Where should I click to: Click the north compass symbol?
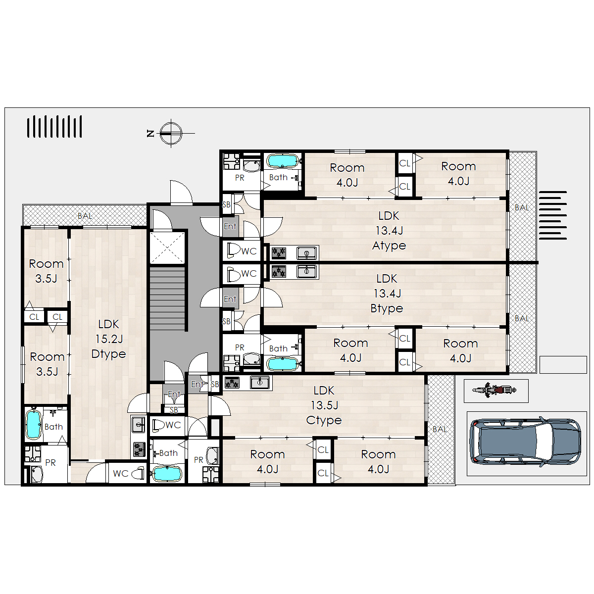(x=171, y=134)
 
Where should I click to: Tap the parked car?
(x=525, y=442)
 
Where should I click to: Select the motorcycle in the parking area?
(x=495, y=390)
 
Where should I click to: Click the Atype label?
(x=389, y=246)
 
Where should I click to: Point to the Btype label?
(x=387, y=308)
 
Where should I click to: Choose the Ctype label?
(x=324, y=420)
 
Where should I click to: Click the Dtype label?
(x=108, y=354)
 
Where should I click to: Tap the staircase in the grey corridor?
(x=168, y=298)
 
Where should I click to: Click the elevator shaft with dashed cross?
(x=167, y=247)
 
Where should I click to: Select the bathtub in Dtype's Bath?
(x=34, y=424)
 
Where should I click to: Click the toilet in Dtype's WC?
(x=138, y=474)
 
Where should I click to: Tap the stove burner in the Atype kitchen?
(x=279, y=253)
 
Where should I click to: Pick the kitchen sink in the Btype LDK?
(x=306, y=271)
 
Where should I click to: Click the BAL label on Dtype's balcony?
(x=85, y=216)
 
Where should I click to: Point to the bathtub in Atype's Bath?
(x=283, y=161)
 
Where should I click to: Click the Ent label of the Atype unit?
(x=230, y=226)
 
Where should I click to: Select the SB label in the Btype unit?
(x=226, y=321)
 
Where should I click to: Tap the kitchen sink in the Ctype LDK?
(x=260, y=382)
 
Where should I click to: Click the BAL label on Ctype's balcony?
(x=440, y=429)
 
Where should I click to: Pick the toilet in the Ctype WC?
(x=158, y=425)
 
